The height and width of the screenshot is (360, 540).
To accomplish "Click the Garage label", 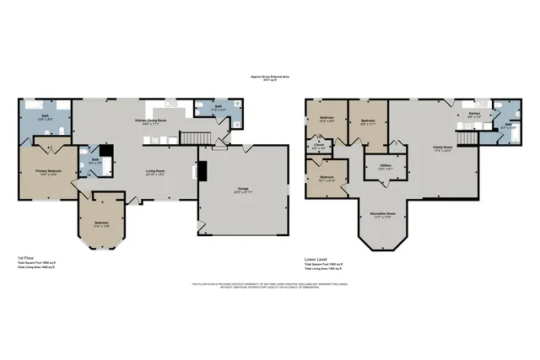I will [243, 190].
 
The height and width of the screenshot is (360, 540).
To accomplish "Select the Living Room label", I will [154, 173].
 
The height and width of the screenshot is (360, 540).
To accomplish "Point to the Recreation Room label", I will [384, 215].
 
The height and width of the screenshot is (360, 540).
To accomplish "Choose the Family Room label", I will [443, 149].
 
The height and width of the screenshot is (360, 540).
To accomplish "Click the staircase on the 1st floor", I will [196, 137].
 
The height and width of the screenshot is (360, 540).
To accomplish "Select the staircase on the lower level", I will [467, 137].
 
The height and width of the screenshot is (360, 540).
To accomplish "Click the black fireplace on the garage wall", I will [201, 169].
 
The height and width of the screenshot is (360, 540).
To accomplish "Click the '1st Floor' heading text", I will [26, 258].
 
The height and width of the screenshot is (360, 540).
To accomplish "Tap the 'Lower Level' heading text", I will [316, 258].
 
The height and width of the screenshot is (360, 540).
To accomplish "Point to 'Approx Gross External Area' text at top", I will [270, 76].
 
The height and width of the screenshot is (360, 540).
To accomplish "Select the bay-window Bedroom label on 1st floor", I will [102, 223].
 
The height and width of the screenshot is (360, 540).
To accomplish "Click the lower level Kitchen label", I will [474, 114].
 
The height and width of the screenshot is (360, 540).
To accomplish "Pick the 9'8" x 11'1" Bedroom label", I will [368, 121].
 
